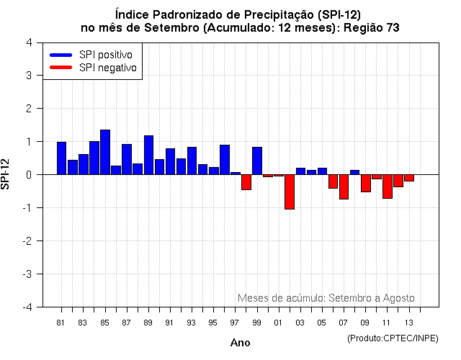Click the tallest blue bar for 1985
[x=105, y=152]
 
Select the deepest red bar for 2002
[x=290, y=192]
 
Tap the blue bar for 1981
[x=61, y=158]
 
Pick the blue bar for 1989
[x=148, y=155]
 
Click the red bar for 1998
[x=246, y=182]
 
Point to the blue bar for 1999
[x=257, y=161]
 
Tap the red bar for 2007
[x=344, y=186]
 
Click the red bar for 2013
[x=409, y=178]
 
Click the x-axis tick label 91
[x=169, y=322]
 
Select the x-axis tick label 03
[x=300, y=322]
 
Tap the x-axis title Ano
[x=240, y=343]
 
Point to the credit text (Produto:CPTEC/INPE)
[x=392, y=338]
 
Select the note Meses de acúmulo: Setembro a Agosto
[x=326, y=297]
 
